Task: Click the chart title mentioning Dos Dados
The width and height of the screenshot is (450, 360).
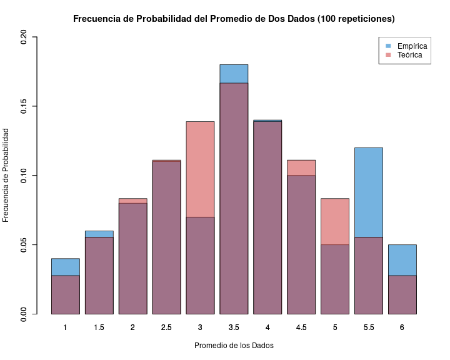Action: point(234,19)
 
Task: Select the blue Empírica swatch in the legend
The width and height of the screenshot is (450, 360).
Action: point(388,46)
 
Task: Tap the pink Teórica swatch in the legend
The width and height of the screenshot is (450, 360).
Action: point(388,55)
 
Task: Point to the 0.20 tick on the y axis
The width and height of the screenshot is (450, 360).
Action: point(24,37)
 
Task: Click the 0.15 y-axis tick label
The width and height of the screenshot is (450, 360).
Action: point(24,106)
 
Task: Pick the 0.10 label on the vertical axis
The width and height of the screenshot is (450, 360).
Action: point(24,176)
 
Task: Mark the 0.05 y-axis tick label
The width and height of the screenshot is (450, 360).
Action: point(24,244)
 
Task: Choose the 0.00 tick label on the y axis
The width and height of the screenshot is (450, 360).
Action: point(24,314)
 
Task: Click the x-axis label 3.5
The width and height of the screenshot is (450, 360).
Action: point(234,327)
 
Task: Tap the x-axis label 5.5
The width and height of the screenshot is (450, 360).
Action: point(368,327)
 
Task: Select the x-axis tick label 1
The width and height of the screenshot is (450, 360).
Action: point(65,327)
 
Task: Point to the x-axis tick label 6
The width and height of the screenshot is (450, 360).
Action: point(402,327)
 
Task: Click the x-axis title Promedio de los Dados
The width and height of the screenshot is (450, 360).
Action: point(234,346)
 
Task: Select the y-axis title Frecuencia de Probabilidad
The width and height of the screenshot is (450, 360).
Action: point(6,175)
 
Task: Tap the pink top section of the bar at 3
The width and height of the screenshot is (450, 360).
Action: point(200,169)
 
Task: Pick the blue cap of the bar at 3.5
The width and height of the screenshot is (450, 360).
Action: point(234,74)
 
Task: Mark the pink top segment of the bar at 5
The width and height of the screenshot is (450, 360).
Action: point(334,221)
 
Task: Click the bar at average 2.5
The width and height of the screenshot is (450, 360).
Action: point(166,237)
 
